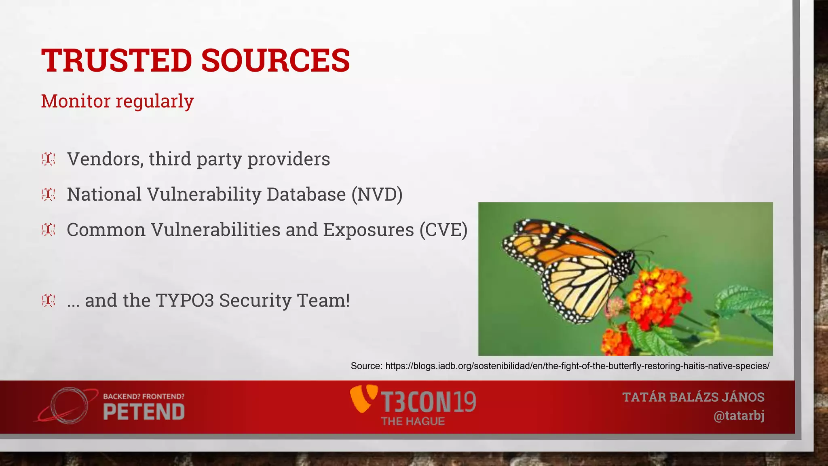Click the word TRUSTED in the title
(x=116, y=61)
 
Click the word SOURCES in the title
(x=275, y=61)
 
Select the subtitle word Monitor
(x=76, y=101)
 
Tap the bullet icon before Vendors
(x=48, y=159)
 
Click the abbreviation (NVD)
(x=377, y=195)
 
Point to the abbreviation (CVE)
(x=443, y=230)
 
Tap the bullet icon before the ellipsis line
(x=48, y=301)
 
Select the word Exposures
(x=368, y=230)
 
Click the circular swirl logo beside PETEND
(x=69, y=406)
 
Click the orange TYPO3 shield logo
(x=363, y=398)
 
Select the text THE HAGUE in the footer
(x=413, y=422)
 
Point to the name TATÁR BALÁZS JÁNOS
(x=693, y=397)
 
